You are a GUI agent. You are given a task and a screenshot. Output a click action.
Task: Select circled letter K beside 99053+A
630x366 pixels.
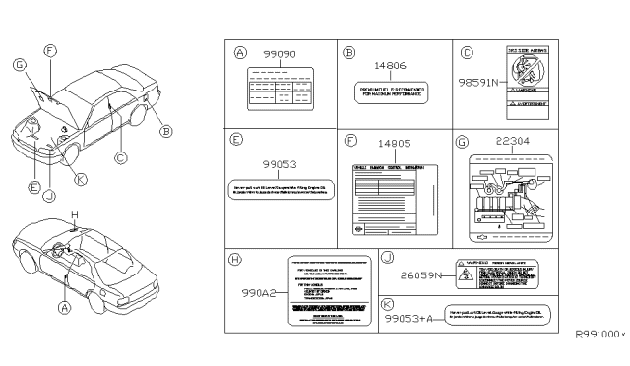coord(389,306)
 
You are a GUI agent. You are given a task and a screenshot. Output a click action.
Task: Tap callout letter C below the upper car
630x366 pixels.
coord(120,156)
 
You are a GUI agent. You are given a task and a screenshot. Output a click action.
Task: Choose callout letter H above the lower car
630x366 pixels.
coord(73,214)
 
